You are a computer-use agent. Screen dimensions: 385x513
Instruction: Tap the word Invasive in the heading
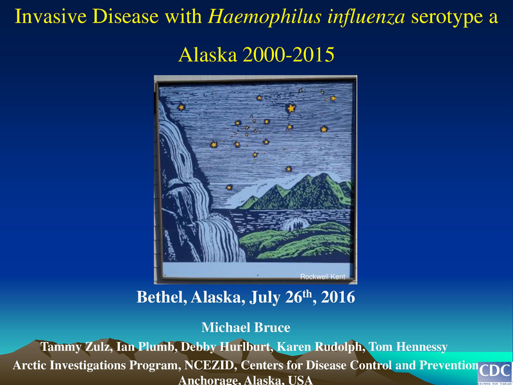point(47,17)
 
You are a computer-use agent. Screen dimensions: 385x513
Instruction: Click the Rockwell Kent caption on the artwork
point(323,277)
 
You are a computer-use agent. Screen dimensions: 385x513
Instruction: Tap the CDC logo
point(495,372)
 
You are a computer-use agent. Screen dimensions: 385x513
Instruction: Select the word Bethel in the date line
point(161,298)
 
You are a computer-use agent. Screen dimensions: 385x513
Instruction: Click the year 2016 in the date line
point(337,298)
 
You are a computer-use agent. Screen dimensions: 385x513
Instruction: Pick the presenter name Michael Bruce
point(246,327)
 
